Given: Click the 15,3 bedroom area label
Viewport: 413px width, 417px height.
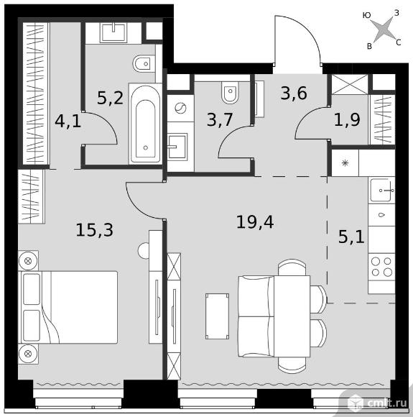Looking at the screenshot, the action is pos(95,230).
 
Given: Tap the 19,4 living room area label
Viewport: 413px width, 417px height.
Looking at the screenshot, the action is pos(255,222).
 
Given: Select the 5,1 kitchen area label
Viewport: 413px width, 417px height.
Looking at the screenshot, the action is pos(351,237).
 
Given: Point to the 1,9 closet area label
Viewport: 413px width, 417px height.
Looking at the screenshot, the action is pos(347,119).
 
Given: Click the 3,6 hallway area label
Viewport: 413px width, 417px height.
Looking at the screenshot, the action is pos(294,93).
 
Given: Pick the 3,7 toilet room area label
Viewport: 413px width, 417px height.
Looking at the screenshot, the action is pos(220,120).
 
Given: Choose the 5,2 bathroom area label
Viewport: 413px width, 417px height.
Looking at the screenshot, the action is pos(110,98).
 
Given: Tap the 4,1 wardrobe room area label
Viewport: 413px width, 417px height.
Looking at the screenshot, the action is pos(68,122).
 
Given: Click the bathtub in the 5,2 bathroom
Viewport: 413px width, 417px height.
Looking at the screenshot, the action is pos(145,124).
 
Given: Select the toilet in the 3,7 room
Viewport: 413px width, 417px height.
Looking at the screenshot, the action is pos(230,92).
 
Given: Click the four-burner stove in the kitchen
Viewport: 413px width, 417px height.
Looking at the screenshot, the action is pos(381,267).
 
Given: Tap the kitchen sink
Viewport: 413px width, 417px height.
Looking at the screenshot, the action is pos(381,190).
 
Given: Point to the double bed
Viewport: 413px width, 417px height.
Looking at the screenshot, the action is pos(68,307).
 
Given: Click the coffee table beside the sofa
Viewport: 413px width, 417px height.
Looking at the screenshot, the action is pos(217,316).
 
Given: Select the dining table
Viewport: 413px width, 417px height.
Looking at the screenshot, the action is pos(292,316).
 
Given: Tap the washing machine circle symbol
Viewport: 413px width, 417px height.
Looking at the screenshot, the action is pos(180,109).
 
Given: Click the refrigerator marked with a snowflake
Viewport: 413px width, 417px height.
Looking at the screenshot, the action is pos(345,162).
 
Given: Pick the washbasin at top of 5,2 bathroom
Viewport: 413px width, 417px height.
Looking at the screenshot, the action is pos(113,33).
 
